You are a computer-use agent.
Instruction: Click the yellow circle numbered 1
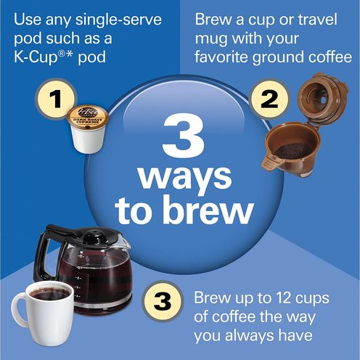pyautogui.click(x=56, y=99)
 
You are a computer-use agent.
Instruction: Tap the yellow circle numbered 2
pyautogui.click(x=269, y=99)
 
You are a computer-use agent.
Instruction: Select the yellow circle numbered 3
pyautogui.click(x=163, y=301)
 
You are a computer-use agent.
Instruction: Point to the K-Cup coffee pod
pyautogui.click(x=88, y=129)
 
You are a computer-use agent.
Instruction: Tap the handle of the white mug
pyautogui.click(x=19, y=310)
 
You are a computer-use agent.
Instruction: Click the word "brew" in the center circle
pyautogui.click(x=209, y=210)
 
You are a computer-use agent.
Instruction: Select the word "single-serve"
pyautogui.click(x=118, y=20)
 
